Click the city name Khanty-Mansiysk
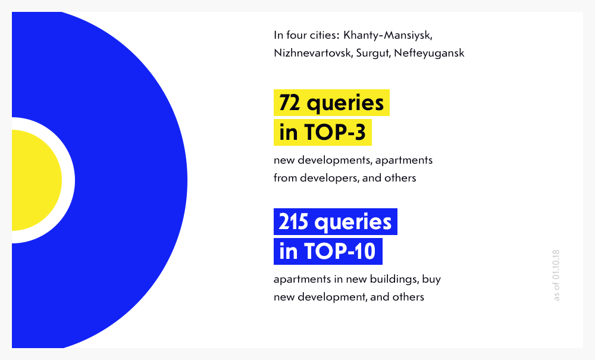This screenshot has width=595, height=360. coord(392,35)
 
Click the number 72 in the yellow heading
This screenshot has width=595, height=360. coord(290,103)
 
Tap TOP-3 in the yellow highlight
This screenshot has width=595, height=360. coord(334,133)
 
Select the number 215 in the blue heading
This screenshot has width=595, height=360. coord(293,222)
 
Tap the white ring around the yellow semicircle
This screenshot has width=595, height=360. coord(68,180)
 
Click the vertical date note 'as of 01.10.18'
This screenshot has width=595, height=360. coord(557,275)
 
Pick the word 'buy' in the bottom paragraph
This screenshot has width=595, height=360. coord(433,279)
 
